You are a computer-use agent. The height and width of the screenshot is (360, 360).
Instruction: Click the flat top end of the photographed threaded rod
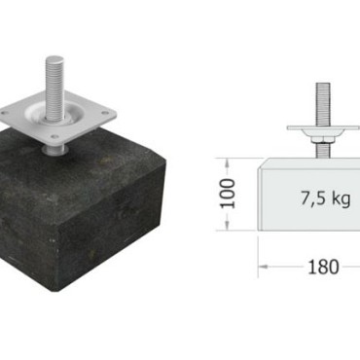(54, 60)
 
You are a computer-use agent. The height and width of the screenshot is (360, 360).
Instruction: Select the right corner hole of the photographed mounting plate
(104, 113)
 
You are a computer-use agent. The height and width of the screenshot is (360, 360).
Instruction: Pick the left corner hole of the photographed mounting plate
(4, 113)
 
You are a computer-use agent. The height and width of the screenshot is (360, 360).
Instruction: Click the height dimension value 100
(228, 194)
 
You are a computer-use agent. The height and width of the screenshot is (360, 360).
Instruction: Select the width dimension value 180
(323, 268)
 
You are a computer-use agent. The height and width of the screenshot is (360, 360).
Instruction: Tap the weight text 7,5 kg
(326, 198)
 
